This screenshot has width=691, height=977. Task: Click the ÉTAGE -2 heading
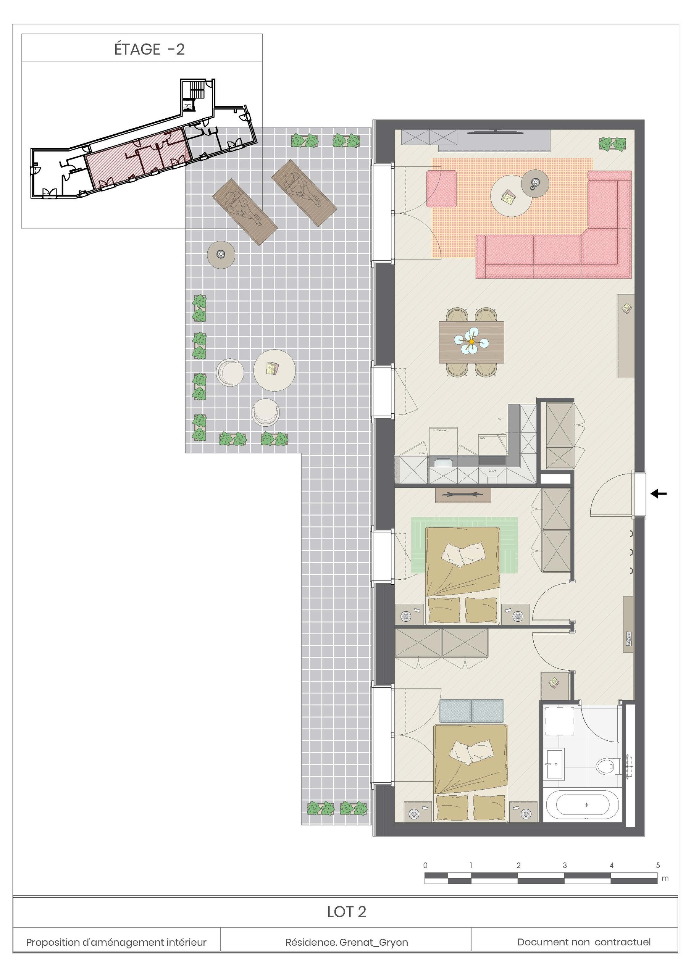pyautogui.click(x=149, y=49)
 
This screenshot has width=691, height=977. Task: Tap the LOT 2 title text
pyautogui.click(x=346, y=911)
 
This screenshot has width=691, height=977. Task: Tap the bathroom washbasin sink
pyautogui.click(x=555, y=764)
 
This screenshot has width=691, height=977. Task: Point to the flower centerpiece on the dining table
pyautogui.click(x=471, y=341)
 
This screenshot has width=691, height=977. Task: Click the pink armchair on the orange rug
pyautogui.click(x=441, y=189)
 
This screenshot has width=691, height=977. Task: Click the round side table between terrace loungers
pyautogui.click(x=221, y=255)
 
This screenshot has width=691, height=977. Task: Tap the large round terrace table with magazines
pyautogui.click(x=274, y=370)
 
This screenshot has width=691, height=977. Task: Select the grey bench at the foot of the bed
pyautogui.click(x=471, y=711)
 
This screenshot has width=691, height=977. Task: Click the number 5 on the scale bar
pyautogui.click(x=657, y=865)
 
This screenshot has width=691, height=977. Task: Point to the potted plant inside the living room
pyautogui.click(x=612, y=144)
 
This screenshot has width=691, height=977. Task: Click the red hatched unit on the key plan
pyautogui.click(x=138, y=159)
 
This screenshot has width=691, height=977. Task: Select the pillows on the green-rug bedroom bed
pyautogui.click(x=463, y=554)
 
